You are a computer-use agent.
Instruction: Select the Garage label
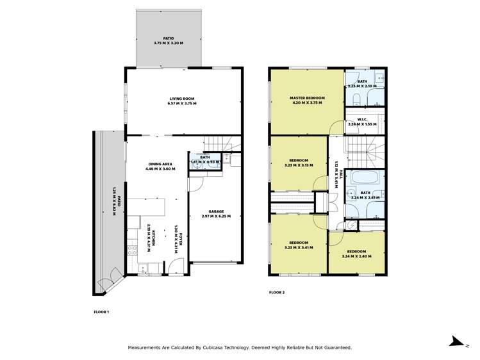[x=216, y=211]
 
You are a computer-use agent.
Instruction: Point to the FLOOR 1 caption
[x=101, y=312]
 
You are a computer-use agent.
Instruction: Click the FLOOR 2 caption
[x=276, y=292]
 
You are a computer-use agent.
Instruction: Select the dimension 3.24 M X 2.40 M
[x=356, y=256]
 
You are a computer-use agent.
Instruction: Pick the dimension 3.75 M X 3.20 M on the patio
[x=169, y=44]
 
